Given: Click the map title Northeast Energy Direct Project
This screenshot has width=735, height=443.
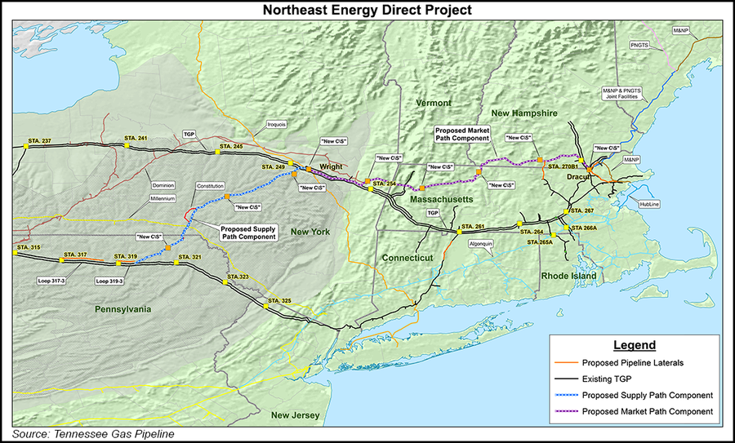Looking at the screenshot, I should pyautogui.click(x=367, y=10).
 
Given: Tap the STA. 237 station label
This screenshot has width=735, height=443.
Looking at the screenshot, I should pyautogui.click(x=40, y=141).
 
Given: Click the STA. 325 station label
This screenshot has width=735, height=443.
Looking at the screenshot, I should pyautogui.click(x=280, y=301).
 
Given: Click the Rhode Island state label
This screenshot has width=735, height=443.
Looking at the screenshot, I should pyautogui.click(x=568, y=276).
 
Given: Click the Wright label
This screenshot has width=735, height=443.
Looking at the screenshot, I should pyautogui.click(x=331, y=166).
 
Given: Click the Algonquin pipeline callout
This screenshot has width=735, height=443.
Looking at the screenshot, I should pyautogui.click(x=480, y=243).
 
